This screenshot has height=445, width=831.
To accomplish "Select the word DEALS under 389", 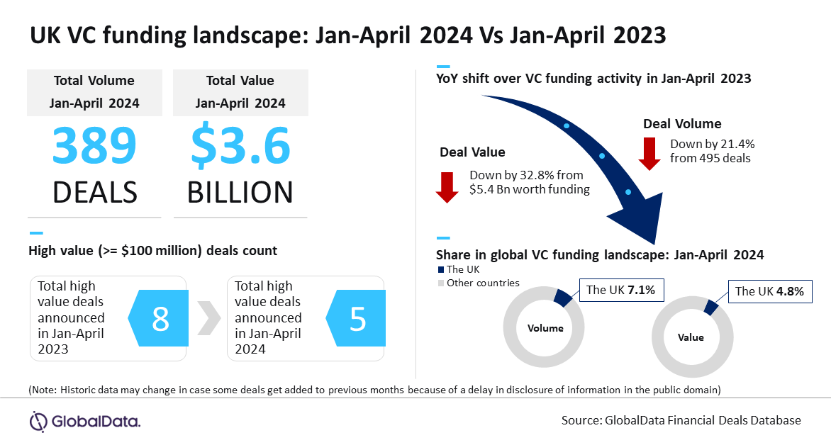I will (94, 192).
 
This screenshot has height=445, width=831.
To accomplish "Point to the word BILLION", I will (240, 192).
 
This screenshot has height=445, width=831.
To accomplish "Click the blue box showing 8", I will (158, 320).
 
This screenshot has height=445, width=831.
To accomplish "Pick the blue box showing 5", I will (356, 320).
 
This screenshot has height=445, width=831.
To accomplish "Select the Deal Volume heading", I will (682, 124).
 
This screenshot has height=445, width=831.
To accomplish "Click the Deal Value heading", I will (472, 152).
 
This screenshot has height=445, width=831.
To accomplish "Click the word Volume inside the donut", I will (546, 328).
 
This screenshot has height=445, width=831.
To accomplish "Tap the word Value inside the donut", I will (690, 337).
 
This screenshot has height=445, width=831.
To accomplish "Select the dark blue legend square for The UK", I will (440, 269).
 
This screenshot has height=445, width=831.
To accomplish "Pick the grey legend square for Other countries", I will (440, 283).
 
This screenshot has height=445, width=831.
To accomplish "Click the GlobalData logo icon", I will (38, 421).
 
